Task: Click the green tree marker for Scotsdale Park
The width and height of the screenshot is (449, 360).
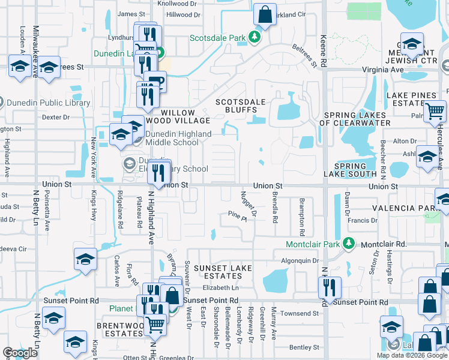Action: (x=255, y=38)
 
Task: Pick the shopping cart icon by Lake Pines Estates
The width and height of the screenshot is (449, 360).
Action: (x=435, y=111)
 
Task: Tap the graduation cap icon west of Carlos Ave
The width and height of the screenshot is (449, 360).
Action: (x=85, y=259)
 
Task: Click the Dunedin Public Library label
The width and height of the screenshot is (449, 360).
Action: (x=48, y=103)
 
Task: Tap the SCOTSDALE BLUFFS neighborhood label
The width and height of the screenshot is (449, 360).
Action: (x=240, y=106)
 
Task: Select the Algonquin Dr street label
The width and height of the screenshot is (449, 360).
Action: (x=300, y=260)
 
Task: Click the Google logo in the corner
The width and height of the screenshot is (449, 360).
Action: (x=20, y=353)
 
